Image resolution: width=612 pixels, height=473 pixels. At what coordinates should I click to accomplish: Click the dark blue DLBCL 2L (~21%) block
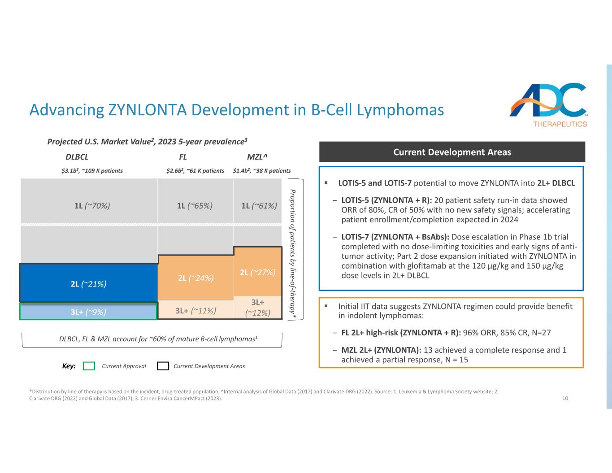(x=88, y=283)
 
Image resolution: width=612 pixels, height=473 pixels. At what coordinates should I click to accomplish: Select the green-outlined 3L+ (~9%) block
(x=88, y=312)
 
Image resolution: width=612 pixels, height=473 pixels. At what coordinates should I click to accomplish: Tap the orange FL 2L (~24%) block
(x=195, y=278)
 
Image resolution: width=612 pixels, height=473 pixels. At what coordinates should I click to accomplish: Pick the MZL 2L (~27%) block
(x=258, y=272)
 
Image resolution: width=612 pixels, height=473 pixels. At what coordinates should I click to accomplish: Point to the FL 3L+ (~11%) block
(x=195, y=311)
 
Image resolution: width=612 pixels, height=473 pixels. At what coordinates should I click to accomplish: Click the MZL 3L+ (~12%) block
(x=258, y=308)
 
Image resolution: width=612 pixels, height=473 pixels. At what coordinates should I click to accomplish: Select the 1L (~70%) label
(x=92, y=206)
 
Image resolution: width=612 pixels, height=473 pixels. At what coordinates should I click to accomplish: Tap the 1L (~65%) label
(x=195, y=206)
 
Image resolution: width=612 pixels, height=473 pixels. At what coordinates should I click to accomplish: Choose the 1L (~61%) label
(x=259, y=206)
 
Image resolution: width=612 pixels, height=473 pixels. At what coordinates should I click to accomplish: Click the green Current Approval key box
(x=89, y=366)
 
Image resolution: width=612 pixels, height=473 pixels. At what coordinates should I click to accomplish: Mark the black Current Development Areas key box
(x=163, y=366)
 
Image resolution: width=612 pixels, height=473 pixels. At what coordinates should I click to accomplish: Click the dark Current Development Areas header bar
(x=452, y=152)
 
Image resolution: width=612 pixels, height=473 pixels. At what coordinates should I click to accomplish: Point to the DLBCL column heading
(x=77, y=157)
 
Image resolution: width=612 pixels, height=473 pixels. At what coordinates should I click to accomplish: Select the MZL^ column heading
(x=257, y=157)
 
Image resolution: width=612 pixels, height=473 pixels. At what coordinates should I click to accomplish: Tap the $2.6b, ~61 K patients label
(x=195, y=171)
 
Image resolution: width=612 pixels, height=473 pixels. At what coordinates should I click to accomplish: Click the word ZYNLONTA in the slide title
(x=148, y=110)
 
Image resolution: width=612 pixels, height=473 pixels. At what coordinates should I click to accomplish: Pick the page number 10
(x=565, y=398)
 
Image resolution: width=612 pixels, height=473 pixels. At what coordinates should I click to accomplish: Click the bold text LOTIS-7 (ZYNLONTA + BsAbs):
(x=395, y=237)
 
